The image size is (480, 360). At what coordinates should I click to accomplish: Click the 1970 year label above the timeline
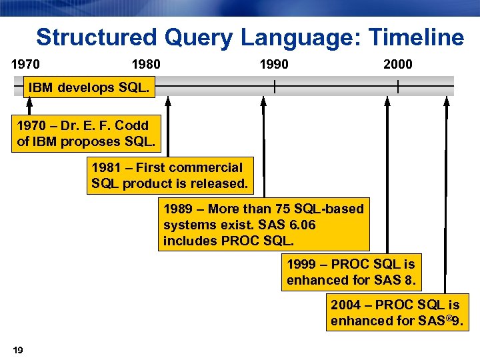click(x=25, y=65)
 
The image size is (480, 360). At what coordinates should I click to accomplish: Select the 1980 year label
click(x=146, y=65)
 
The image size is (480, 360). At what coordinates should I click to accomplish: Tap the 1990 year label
click(x=274, y=65)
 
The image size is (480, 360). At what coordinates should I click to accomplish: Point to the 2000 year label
click(x=398, y=65)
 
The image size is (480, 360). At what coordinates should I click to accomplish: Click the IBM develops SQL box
click(x=89, y=88)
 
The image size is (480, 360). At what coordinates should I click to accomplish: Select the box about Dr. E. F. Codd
click(x=86, y=133)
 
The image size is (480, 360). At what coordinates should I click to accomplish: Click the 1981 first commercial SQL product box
click(x=169, y=175)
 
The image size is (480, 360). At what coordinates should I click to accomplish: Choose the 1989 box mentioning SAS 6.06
click(x=263, y=225)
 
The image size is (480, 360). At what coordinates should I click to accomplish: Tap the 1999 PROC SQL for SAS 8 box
click(x=351, y=272)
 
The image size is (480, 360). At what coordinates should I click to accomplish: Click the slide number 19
click(x=18, y=350)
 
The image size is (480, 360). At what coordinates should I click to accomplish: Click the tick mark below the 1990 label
click(x=274, y=86)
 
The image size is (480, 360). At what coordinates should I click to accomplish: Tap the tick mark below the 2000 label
click(x=398, y=86)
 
